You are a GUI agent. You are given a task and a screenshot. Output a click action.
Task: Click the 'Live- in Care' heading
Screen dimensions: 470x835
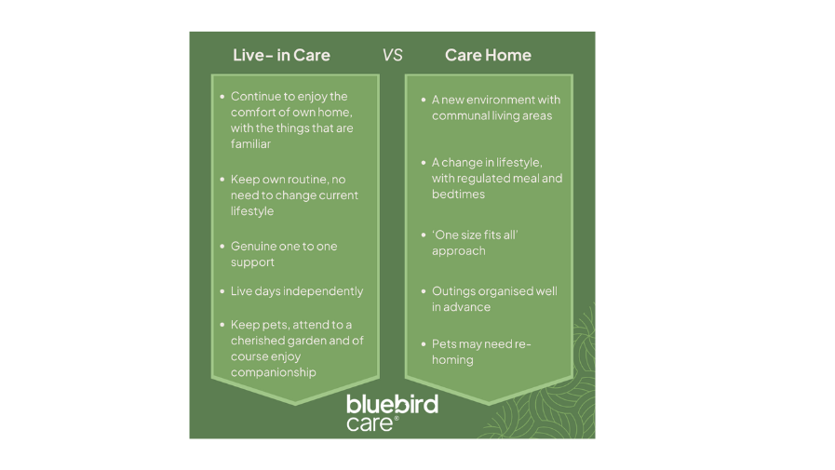281,55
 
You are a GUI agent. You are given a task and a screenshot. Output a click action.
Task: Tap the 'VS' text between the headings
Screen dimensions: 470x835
392,55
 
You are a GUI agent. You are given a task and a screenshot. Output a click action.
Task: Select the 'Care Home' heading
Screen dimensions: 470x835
488,55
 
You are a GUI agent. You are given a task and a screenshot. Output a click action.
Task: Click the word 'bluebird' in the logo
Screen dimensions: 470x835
392,405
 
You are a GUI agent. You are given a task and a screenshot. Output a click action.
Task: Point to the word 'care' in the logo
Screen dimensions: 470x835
370,423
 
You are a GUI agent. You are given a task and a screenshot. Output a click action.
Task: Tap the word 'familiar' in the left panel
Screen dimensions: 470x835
252,144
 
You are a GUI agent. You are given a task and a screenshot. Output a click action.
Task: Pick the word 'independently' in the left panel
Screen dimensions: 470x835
322,291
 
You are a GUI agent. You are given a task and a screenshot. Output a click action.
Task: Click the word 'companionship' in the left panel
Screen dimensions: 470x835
274,372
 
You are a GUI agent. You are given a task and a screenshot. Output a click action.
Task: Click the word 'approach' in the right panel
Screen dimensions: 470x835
458,251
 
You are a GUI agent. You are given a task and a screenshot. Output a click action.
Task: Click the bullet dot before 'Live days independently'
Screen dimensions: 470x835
222,291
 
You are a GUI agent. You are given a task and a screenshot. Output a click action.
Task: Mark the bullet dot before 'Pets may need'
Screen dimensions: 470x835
424,344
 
